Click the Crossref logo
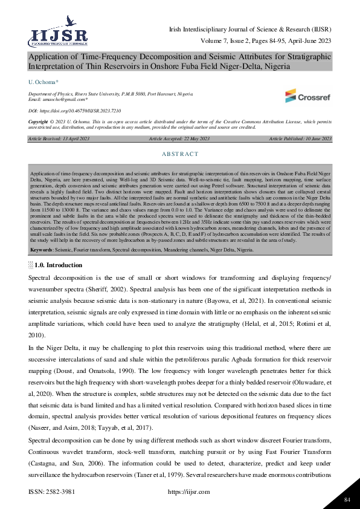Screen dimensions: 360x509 coord(307,95)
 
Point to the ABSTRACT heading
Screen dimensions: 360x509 coord(180,154)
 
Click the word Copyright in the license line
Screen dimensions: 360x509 coord(38,122)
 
